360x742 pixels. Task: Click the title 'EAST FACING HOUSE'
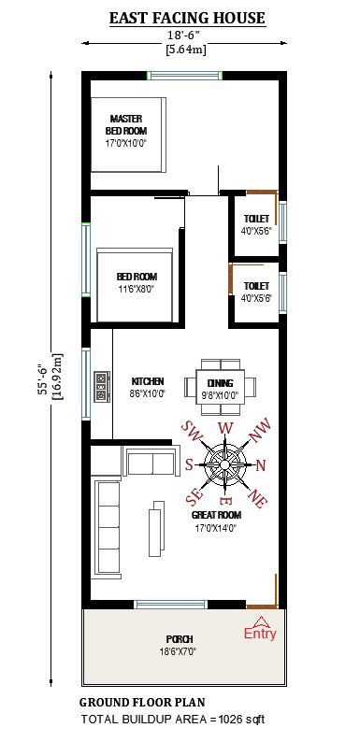coord(187,18)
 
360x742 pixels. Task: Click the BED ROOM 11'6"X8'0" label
coord(137,282)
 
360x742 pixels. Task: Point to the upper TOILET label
coord(255,224)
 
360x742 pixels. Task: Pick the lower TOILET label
coord(255,292)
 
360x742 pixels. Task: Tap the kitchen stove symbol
coord(100,386)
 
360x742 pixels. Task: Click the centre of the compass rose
coord(224,464)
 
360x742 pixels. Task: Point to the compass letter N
coord(261,465)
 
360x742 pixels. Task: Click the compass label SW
coord(193,433)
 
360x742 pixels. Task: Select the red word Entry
coord(260,634)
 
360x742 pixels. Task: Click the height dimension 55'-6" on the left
coord(43,374)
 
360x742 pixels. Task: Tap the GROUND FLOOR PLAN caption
coord(142,702)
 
